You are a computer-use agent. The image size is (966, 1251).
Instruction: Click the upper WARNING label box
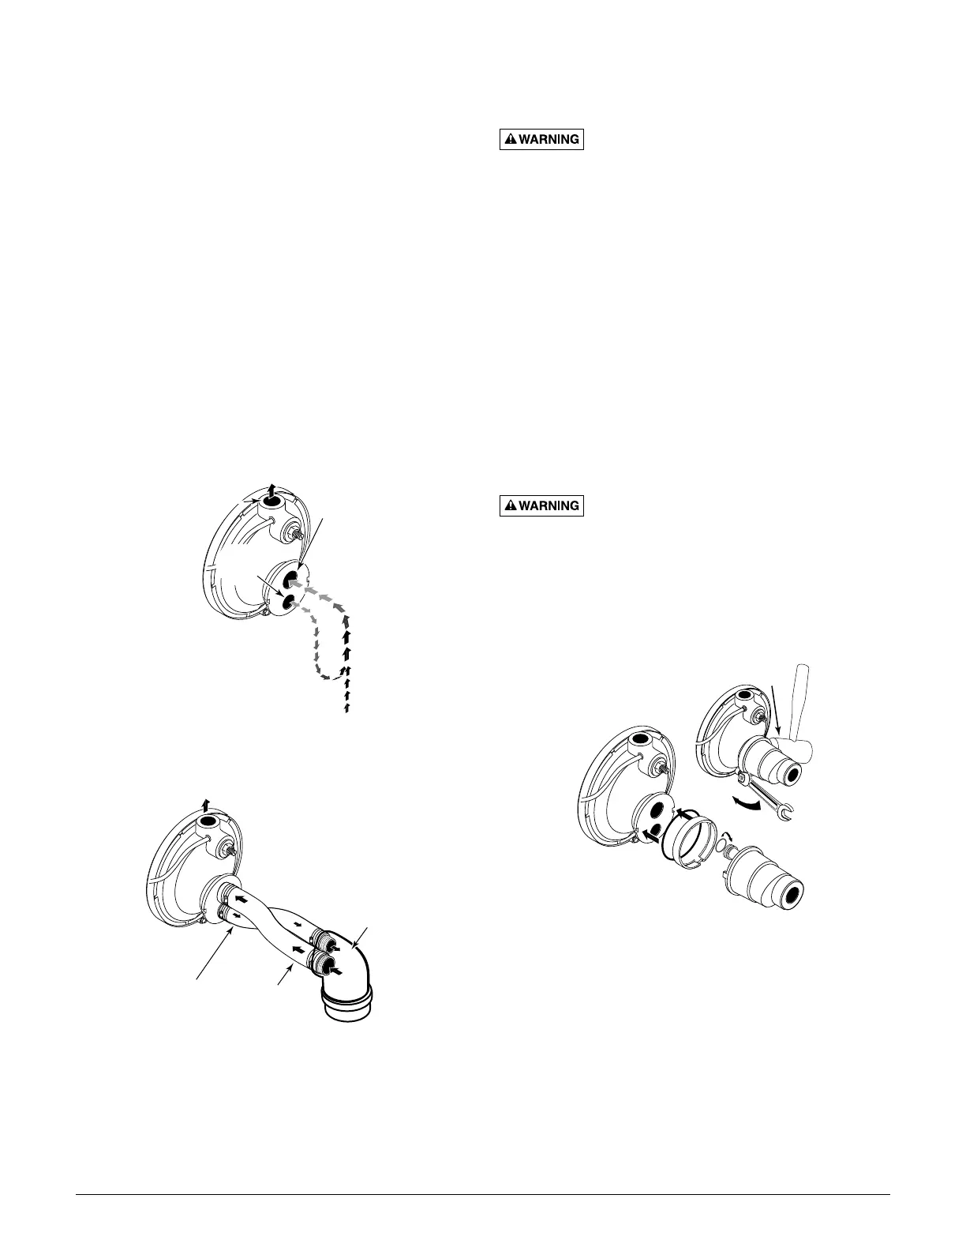[542, 140]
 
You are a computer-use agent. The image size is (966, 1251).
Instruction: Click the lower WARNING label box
[542, 505]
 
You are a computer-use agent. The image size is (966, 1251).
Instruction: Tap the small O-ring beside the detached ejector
[721, 847]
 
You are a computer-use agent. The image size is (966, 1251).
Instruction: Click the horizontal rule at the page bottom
[482, 1194]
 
